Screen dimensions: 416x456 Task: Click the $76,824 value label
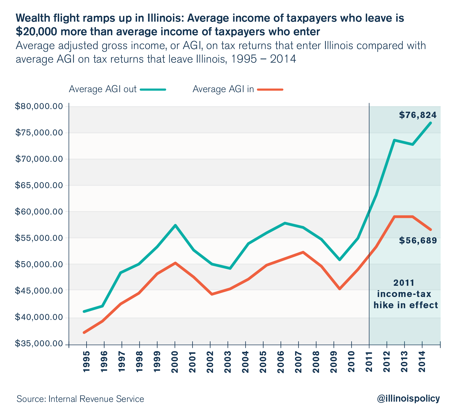tap(418, 115)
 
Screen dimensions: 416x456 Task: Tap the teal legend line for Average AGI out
tap(153, 90)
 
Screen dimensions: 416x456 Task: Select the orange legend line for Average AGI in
tap(270, 90)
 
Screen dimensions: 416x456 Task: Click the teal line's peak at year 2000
tap(175, 225)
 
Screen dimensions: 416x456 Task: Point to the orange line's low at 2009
tap(340, 289)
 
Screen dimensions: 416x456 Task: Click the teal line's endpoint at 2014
tap(430, 123)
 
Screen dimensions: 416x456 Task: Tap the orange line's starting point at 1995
tap(84, 332)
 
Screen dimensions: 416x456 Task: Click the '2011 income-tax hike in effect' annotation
tap(405, 294)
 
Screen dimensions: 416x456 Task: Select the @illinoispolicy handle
tap(408, 399)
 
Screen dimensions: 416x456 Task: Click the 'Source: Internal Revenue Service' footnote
tap(80, 399)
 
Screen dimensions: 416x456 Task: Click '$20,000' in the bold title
tap(35, 32)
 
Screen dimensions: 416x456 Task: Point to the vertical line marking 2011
tap(369, 183)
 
